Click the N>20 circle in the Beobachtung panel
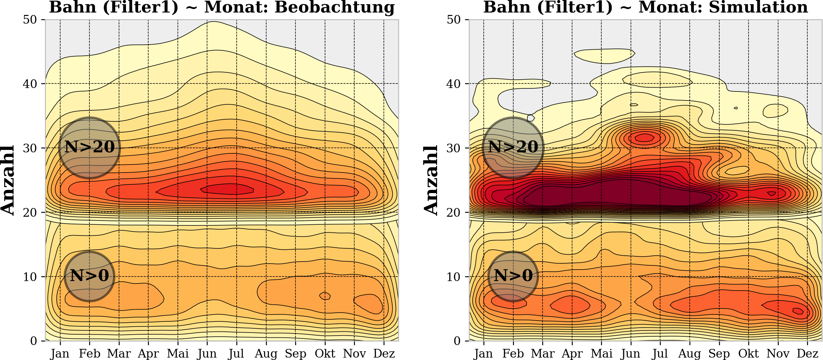89,147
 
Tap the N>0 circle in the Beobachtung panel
89,276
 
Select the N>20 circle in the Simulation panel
513,147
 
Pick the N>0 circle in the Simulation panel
513,276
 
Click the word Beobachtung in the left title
334,7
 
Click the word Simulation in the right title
758,7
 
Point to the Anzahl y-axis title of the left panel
8,180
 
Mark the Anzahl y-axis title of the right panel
431,180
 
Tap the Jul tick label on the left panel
236,353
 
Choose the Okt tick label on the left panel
325,353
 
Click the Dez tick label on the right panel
807,353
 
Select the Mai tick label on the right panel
602,353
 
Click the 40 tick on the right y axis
453,84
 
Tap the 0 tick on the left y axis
33,341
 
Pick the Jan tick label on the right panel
484,353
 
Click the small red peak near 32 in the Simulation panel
644,138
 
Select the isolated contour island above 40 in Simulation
605,56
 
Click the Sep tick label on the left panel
295,353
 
